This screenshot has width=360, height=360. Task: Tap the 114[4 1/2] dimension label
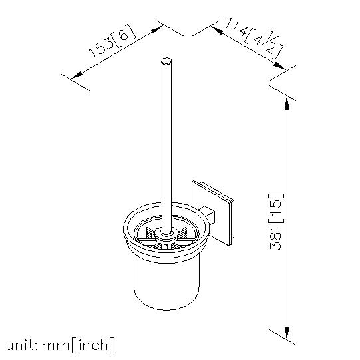(254, 39)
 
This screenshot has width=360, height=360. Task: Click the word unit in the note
(21, 345)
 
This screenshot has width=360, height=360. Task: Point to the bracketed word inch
(93, 345)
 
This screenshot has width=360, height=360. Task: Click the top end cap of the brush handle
(166, 61)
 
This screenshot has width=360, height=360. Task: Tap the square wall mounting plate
(213, 212)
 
